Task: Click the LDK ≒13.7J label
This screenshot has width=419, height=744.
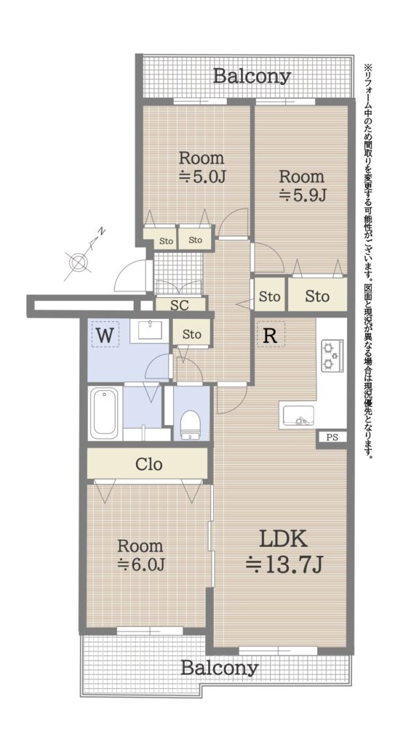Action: click(284, 551)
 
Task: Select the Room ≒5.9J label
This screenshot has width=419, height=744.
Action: click(301, 185)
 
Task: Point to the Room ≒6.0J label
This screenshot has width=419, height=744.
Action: click(140, 555)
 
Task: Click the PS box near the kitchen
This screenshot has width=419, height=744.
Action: click(332, 437)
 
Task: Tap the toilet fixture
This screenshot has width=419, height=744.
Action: click(191, 424)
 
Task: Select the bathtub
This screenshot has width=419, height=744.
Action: click(105, 413)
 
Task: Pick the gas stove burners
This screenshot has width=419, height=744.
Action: click(330, 355)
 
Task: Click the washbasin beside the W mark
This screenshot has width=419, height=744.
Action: click(150, 330)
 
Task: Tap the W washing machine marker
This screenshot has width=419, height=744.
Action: click(105, 334)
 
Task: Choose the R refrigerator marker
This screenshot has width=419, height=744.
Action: click(271, 334)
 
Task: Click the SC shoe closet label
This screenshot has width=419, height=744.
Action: click(180, 304)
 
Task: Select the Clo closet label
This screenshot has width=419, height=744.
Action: click(148, 464)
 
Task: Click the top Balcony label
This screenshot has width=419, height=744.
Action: click(251, 76)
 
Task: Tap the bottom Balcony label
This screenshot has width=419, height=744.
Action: click(220, 668)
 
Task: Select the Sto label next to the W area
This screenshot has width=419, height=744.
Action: click(192, 334)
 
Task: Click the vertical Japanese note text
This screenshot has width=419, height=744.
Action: click(369, 261)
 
